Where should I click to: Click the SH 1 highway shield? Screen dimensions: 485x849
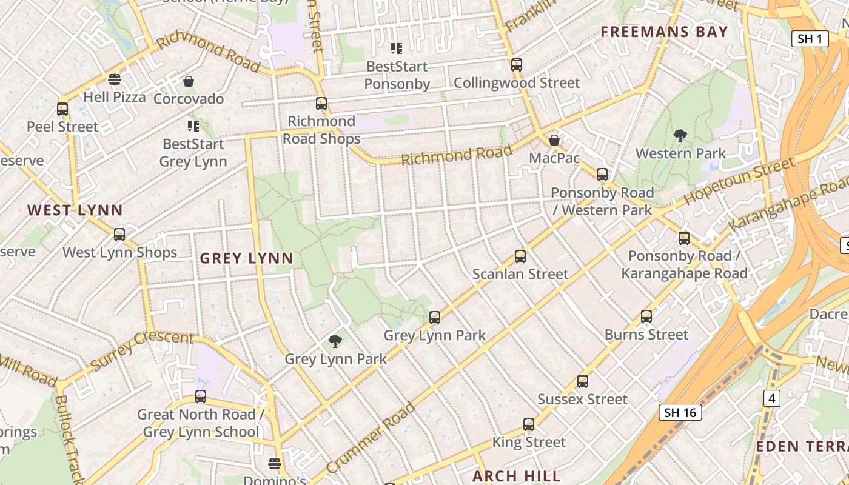click(810, 39)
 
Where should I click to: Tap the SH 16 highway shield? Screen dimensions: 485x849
click(680, 413)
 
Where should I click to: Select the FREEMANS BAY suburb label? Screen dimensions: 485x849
click(664, 32)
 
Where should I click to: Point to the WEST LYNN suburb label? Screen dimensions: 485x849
click(75, 210)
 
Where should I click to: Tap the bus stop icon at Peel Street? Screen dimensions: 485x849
click(62, 109)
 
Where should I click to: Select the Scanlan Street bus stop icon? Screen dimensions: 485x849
click(520, 256)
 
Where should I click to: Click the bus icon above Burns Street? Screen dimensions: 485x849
click(646, 316)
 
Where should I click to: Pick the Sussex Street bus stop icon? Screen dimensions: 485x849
click(582, 381)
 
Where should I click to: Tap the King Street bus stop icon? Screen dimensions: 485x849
click(529, 424)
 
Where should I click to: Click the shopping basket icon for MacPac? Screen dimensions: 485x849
click(554, 141)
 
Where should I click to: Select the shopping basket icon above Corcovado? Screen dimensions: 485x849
click(189, 81)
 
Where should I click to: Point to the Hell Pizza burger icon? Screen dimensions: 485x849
click(115, 79)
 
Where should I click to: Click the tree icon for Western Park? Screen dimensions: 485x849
click(680, 136)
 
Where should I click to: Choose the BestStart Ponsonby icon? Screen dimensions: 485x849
click(397, 48)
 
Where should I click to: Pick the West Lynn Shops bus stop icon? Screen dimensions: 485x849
click(119, 235)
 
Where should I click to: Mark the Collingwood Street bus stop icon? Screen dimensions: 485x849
click(516, 65)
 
